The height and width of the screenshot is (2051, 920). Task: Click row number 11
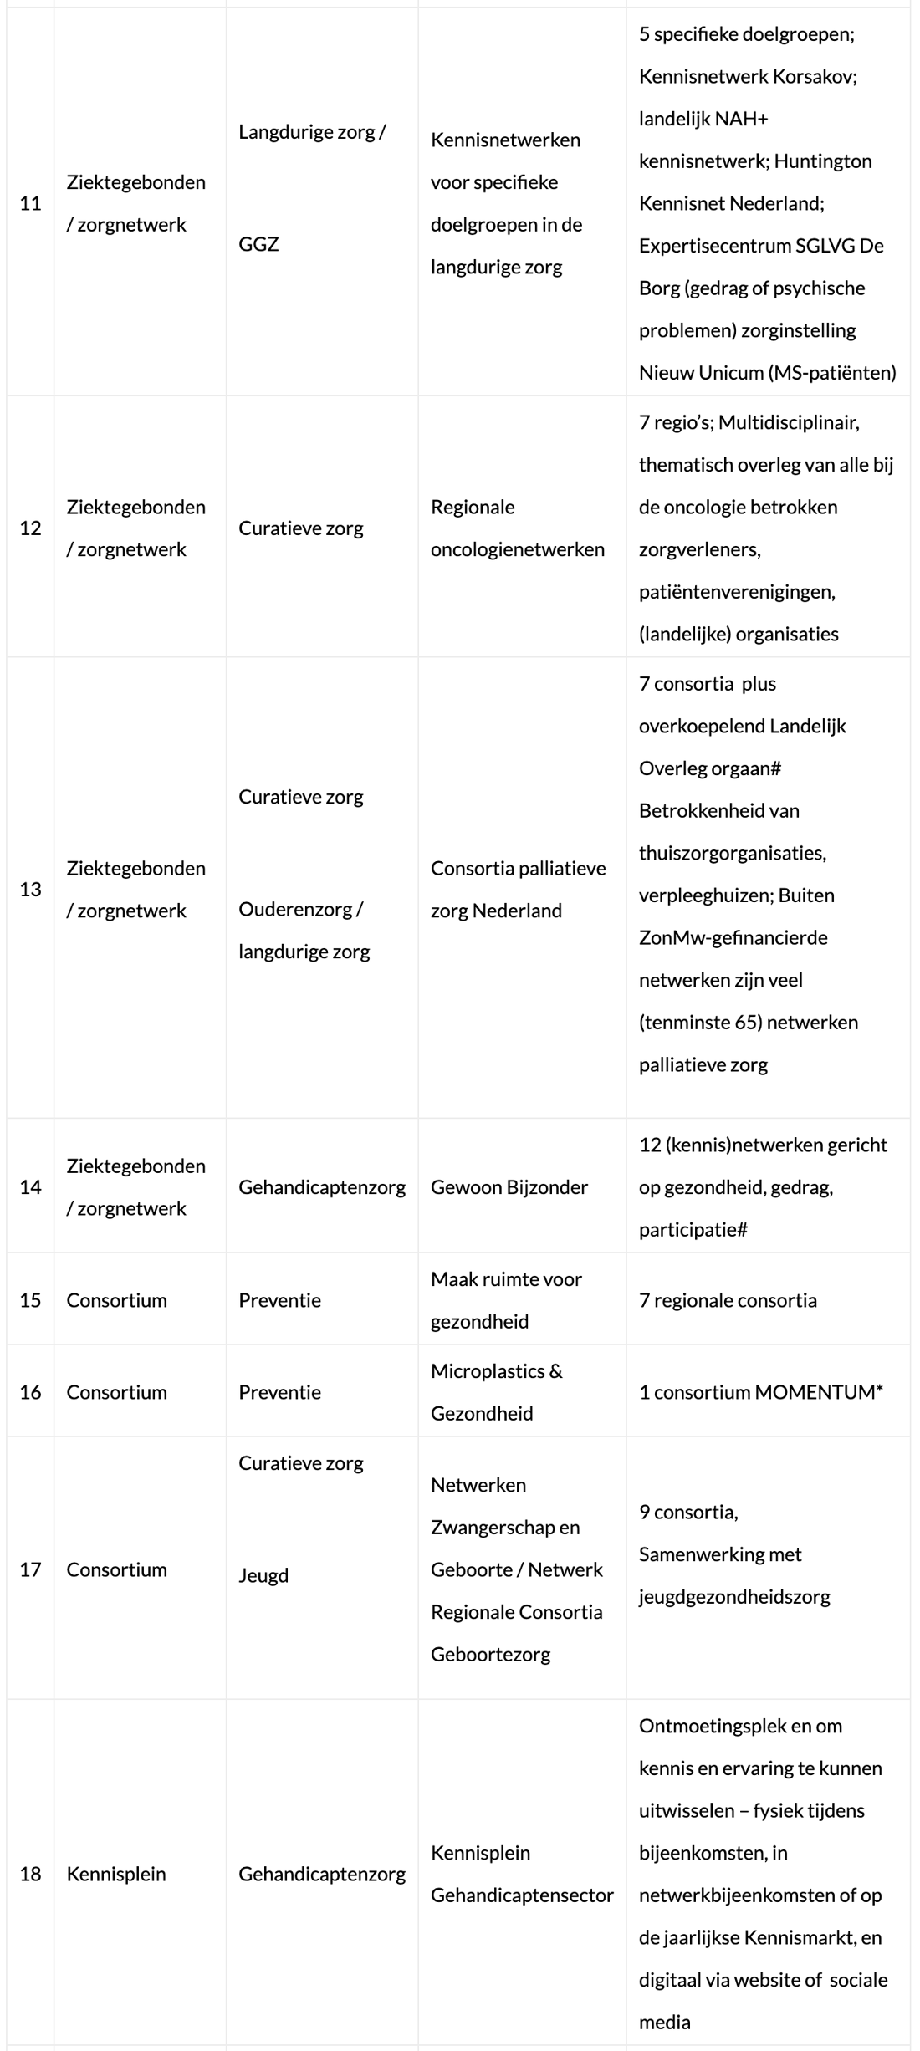point(30,203)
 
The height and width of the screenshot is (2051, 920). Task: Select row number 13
point(30,890)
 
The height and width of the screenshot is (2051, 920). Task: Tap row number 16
point(30,1392)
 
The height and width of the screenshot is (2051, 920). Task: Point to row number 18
point(30,1874)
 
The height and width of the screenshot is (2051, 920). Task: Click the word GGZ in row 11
point(258,244)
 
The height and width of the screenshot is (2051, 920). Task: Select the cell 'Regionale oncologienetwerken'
point(517,528)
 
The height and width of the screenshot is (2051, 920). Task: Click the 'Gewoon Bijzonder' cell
point(509,1187)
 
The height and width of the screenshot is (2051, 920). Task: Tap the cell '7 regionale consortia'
point(728,1300)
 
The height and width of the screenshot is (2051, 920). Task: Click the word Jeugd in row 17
point(263,1575)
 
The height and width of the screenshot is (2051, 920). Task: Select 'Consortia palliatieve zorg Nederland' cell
point(518,890)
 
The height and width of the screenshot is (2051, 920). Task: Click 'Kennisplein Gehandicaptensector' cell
point(522,1874)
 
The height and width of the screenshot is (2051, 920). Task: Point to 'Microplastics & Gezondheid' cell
point(497,1392)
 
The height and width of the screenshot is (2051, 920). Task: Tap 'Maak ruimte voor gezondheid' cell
point(506,1300)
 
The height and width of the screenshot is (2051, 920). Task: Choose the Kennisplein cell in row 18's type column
point(116,1874)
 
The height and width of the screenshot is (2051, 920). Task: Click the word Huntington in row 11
point(823,161)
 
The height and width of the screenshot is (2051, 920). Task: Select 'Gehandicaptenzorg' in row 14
point(322,1187)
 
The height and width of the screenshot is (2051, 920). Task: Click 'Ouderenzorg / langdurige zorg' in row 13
point(304,931)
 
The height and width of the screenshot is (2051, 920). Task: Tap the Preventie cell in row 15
point(279,1300)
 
